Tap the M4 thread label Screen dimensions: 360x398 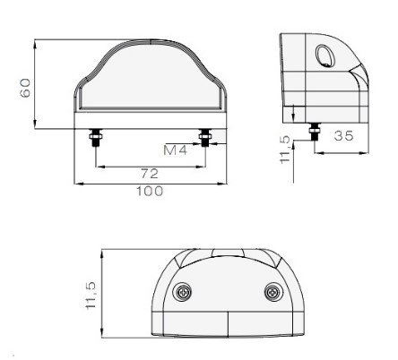point(176,148)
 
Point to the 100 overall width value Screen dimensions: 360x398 point(149,191)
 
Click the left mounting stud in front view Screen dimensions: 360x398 point(94,138)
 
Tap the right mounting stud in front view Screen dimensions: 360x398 point(206,138)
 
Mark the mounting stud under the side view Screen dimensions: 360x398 point(314,131)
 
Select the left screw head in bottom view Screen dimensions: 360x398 point(184,293)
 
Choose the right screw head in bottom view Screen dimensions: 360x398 point(273,293)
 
